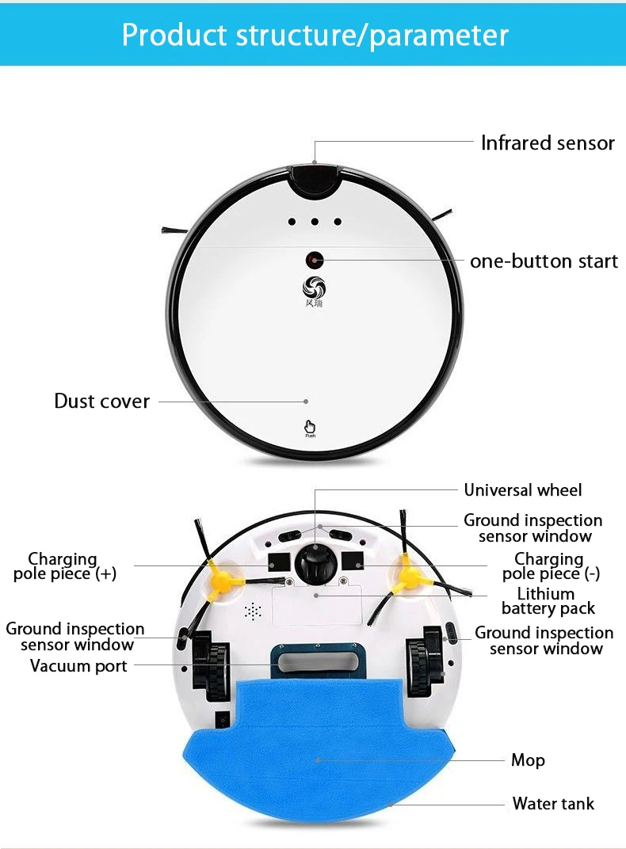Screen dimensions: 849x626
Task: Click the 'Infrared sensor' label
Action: click(548, 143)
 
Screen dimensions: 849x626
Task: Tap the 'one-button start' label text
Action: click(544, 261)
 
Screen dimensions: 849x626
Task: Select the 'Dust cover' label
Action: click(101, 402)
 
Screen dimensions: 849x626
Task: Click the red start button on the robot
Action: click(315, 261)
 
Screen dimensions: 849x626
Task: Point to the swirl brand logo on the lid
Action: click(314, 287)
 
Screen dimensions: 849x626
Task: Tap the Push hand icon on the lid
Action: click(310, 428)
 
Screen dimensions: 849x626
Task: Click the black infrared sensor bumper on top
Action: click(315, 178)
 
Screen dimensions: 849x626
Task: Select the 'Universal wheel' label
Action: click(523, 490)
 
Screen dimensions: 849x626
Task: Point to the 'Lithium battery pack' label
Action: click(548, 601)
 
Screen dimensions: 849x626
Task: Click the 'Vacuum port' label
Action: click(78, 666)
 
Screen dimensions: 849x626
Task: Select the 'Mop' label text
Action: click(528, 760)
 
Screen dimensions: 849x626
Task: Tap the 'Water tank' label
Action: click(553, 804)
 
